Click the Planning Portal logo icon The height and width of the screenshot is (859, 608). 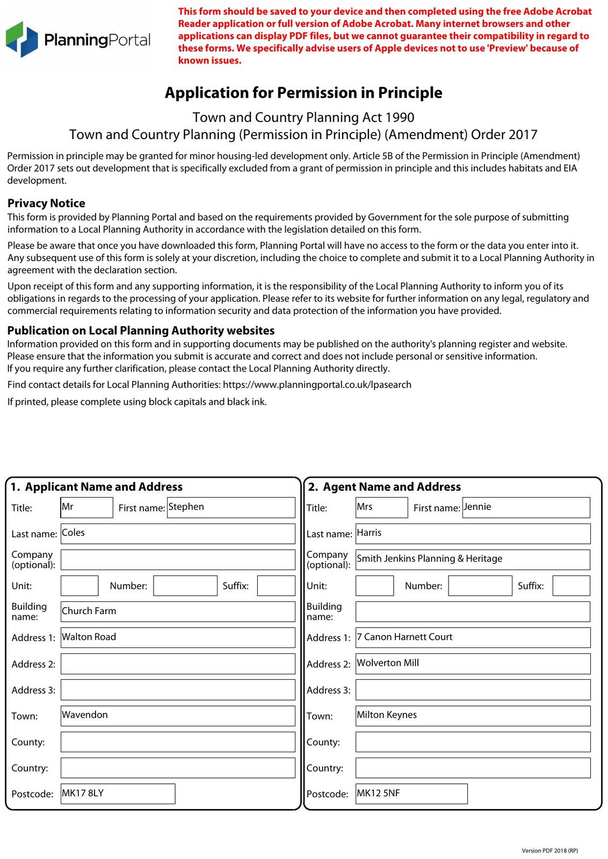(21, 39)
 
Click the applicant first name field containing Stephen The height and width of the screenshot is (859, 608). (231, 507)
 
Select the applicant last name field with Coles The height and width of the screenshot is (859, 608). (177, 533)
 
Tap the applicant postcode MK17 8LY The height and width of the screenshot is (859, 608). (118, 794)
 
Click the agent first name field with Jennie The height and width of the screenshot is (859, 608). (526, 507)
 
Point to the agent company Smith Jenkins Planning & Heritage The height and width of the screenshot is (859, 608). (473, 559)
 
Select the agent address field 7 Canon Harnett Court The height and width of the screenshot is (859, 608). (473, 637)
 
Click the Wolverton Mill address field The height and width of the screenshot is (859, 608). (473, 664)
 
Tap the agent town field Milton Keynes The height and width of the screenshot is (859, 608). (473, 716)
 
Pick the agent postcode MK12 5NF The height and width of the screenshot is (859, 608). (411, 794)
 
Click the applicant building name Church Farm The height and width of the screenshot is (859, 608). (177, 612)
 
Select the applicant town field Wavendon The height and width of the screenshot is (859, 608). (177, 716)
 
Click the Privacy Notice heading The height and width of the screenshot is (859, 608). (46, 203)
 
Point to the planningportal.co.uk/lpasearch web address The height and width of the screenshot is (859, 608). (317, 385)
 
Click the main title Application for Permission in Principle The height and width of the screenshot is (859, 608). (303, 93)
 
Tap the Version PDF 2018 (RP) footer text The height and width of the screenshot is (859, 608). (549, 850)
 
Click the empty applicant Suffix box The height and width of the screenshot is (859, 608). (276, 586)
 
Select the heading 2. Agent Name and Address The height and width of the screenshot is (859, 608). (385, 487)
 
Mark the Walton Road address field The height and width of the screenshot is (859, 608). (177, 637)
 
